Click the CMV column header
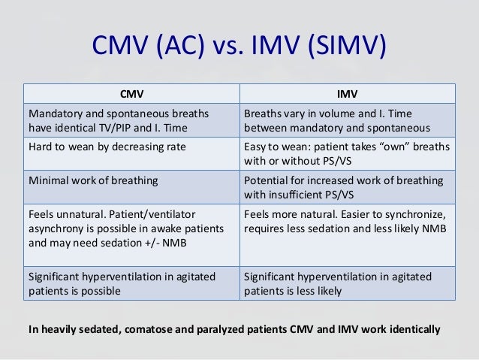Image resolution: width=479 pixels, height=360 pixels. click(x=132, y=94)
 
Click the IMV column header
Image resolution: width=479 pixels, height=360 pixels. click(x=348, y=94)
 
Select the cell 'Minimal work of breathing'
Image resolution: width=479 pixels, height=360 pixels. click(x=89, y=182)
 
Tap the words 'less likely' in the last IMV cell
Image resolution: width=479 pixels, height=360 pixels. click(x=316, y=291)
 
